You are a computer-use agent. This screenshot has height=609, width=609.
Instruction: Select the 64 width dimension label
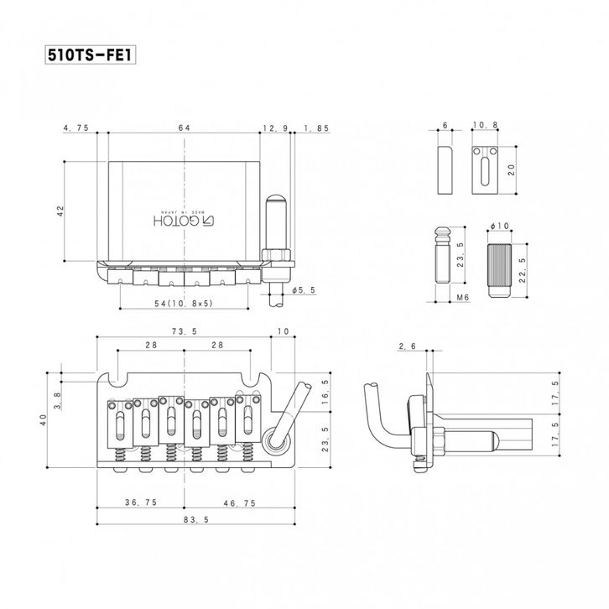(184, 128)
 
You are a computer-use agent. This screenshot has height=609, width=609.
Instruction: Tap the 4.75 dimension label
(75, 128)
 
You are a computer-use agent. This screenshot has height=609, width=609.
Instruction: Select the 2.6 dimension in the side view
(409, 346)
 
